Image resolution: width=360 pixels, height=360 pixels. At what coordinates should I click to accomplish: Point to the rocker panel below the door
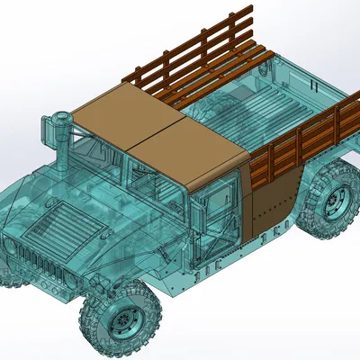coord(207,270)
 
